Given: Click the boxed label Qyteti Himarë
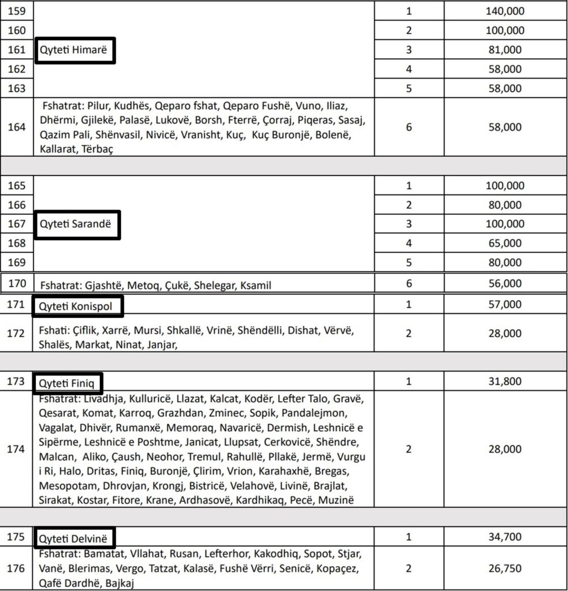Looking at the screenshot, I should point(75,50).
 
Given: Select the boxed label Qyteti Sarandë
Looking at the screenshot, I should point(77,224).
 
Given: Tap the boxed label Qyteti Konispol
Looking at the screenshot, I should point(76,305).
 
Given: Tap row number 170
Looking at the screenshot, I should point(17,284).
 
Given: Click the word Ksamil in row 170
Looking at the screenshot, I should point(255,285).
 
